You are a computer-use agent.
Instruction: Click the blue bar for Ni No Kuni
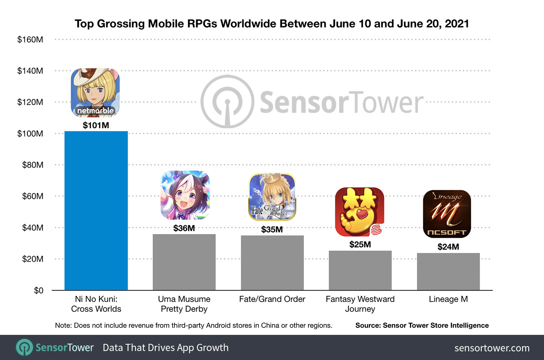click(96, 210)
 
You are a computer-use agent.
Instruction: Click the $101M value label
click(96, 125)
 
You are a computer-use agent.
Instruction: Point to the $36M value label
click(184, 228)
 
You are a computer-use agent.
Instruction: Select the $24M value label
click(448, 247)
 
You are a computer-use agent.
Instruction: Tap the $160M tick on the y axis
click(30, 39)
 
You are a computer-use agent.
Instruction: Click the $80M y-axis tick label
click(33, 165)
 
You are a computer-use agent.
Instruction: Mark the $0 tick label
click(39, 291)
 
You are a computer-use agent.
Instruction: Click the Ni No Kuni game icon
click(95, 92)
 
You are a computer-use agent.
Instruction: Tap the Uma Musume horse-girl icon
click(185, 195)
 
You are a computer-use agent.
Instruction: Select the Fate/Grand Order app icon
click(272, 197)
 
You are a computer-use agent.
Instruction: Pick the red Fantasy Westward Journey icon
click(359, 212)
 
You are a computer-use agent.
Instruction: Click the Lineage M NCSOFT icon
click(447, 214)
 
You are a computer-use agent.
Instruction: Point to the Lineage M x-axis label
click(448, 299)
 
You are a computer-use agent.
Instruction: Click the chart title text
click(272, 24)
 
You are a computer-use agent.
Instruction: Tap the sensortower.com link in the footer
click(491, 348)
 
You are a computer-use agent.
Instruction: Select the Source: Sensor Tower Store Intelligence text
click(422, 325)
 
